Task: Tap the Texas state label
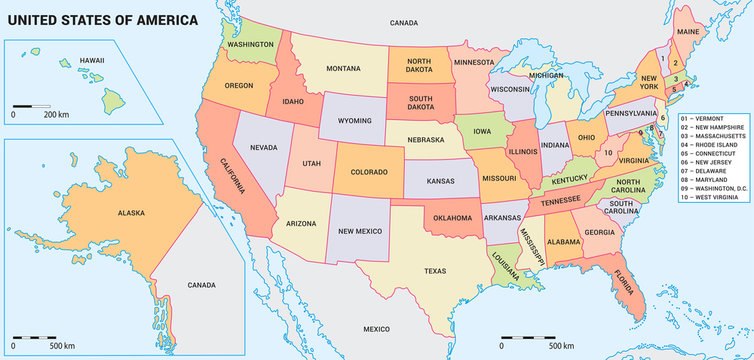435,271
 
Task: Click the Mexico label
376,329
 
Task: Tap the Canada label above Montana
403,22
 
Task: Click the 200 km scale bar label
55,114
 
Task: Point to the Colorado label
369,172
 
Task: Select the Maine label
688,33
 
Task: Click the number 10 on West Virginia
607,153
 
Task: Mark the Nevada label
263,147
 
